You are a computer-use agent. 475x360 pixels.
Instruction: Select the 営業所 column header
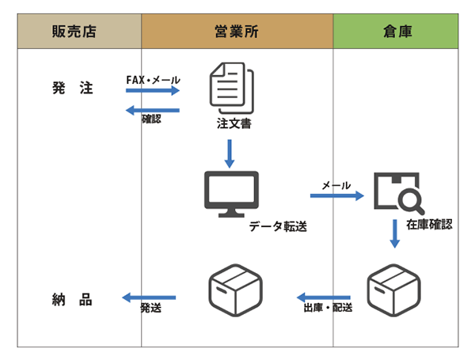[x=236, y=32]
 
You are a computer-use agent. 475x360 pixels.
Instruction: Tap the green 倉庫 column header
[x=394, y=32]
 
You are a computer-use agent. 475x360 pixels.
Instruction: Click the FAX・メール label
[x=154, y=80]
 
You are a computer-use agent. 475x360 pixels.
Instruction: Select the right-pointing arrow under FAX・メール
[x=154, y=92]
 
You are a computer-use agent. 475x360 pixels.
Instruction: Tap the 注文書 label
[x=234, y=124]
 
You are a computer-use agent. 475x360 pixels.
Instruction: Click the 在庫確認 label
[x=429, y=224]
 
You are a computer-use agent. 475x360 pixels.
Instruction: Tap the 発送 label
[x=151, y=308]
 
